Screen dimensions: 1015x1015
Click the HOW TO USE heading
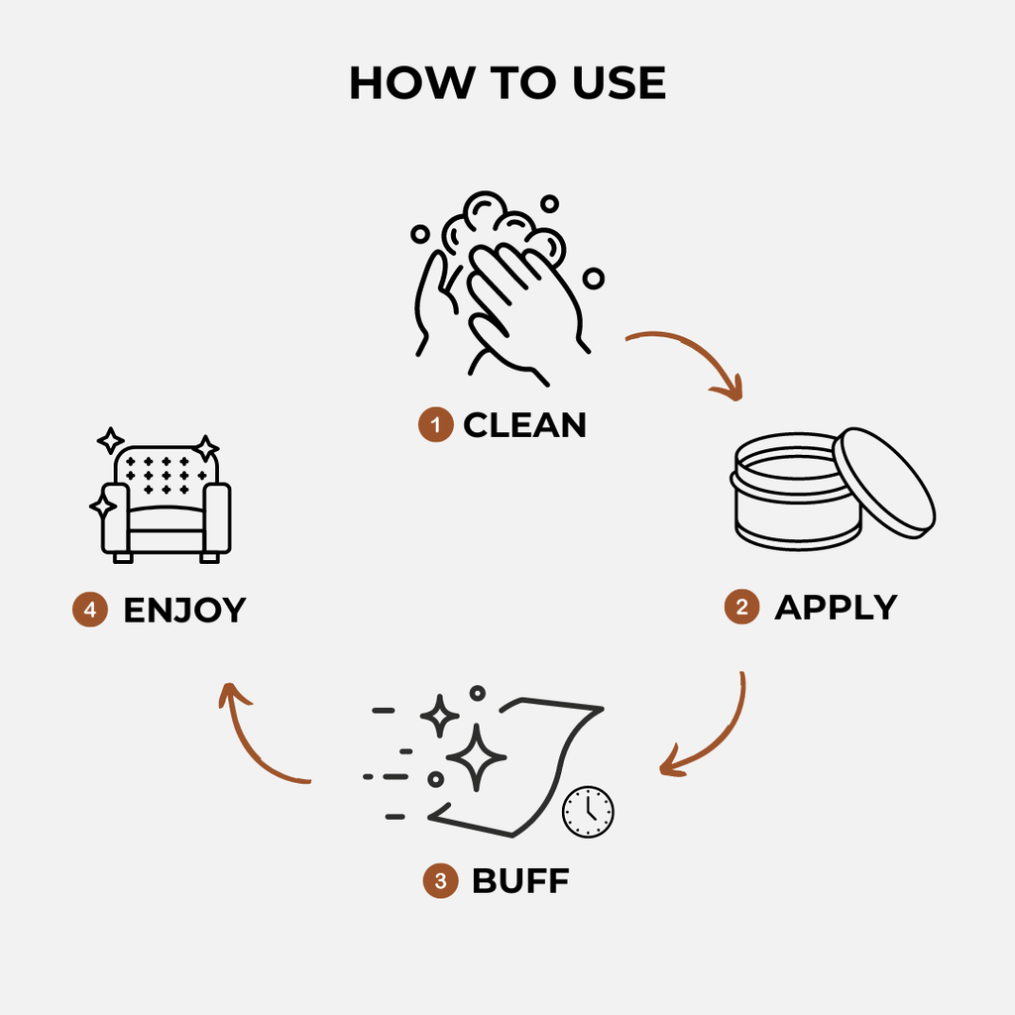507,83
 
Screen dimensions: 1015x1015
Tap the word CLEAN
524,425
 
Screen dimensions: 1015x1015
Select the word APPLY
835,607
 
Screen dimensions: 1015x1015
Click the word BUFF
520,880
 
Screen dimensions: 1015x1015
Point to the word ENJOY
183,610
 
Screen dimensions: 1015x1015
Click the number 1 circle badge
434,426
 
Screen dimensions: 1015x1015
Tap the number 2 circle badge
741,608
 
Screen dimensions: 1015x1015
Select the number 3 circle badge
440,880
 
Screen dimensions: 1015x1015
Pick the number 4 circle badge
90,610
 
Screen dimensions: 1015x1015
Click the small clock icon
588,812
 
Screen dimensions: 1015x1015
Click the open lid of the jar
884,482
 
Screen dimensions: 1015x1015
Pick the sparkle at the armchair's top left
110,440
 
